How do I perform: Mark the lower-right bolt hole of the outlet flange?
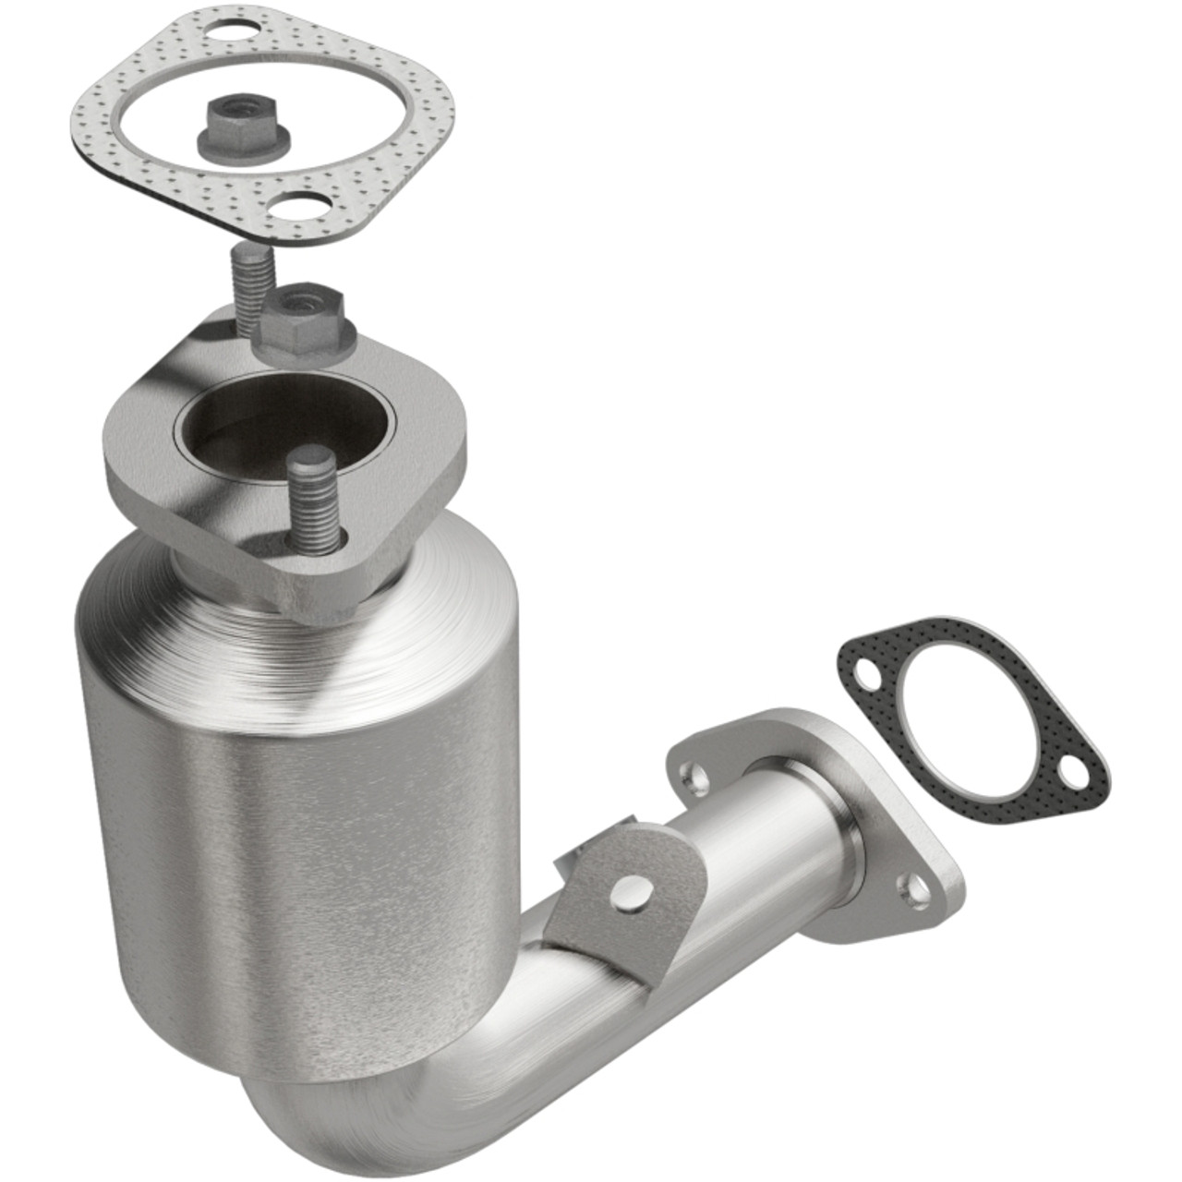coord(917,890)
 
